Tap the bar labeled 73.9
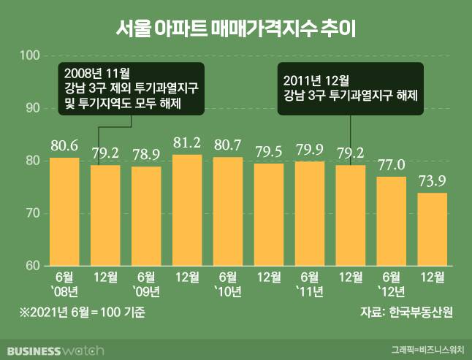tap(432, 229)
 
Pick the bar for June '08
tap(64, 211)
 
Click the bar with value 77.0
tap(391, 221)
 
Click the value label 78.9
tap(145, 156)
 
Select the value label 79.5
tap(268, 153)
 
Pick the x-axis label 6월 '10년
tap(227, 284)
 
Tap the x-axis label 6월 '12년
tap(391, 284)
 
